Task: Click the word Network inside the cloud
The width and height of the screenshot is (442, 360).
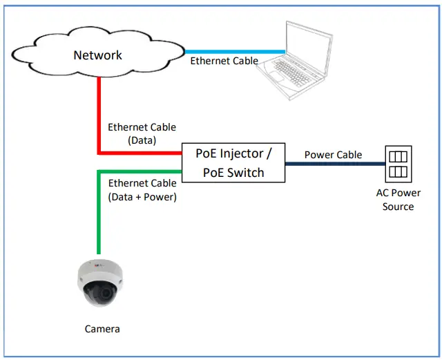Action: tap(97, 55)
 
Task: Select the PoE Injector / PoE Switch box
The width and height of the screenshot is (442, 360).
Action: tap(233, 163)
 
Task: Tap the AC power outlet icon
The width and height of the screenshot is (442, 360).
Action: tap(398, 164)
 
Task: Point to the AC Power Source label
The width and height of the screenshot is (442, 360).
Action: tap(398, 200)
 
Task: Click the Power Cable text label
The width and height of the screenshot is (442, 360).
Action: tap(333, 155)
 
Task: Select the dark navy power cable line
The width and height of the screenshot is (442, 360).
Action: tap(335, 164)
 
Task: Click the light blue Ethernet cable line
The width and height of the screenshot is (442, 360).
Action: tap(235, 51)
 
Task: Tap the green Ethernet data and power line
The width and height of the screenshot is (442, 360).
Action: tap(99, 214)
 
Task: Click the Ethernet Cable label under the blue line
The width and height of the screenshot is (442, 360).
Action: tap(224, 61)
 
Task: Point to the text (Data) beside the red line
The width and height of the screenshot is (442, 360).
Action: tap(142, 140)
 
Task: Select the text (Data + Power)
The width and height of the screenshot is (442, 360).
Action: tap(142, 196)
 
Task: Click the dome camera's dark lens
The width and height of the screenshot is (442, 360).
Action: tap(101, 294)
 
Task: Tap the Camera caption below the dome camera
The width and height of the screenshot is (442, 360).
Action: tap(102, 329)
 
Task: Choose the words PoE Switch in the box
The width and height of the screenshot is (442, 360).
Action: tap(233, 173)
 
